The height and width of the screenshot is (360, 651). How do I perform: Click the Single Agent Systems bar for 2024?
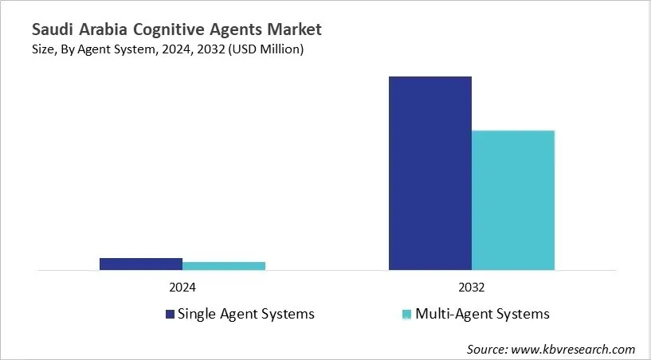pyautogui.click(x=141, y=264)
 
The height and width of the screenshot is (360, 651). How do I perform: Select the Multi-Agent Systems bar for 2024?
pyautogui.click(x=224, y=266)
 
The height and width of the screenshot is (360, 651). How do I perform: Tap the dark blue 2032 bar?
pyautogui.click(x=430, y=173)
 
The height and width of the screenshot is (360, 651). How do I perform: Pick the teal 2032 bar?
pyautogui.click(x=513, y=200)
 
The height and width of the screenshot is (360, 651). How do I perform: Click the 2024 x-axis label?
pyautogui.click(x=182, y=287)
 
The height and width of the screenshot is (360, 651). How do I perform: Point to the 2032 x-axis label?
pyautogui.click(x=472, y=287)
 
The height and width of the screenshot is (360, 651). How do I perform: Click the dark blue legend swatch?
pyautogui.click(x=170, y=314)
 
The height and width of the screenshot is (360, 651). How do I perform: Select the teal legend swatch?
pyautogui.click(x=407, y=314)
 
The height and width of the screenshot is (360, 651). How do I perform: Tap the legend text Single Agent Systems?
pyautogui.click(x=246, y=314)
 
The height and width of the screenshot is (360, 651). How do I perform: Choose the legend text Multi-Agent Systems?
pyautogui.click(x=483, y=314)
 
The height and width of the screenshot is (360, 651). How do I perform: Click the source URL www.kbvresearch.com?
pyautogui.click(x=575, y=349)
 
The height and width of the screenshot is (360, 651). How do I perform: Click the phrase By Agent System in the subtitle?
pyautogui.click(x=108, y=50)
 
